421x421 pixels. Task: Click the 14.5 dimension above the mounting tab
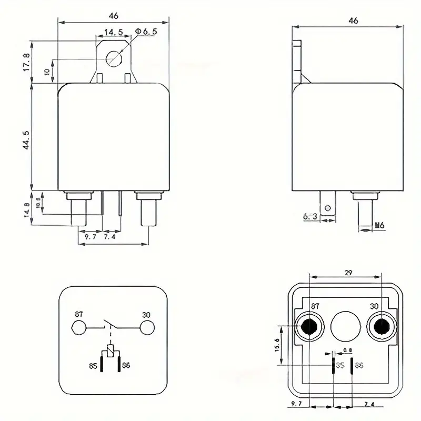pyautogui.click(x=113, y=33)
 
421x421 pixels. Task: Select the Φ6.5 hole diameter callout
pyautogui.click(x=146, y=32)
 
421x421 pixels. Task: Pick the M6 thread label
pyautogui.click(x=379, y=226)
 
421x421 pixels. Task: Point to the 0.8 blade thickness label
pyautogui.click(x=347, y=350)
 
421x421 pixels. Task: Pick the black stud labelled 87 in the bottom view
pyautogui.click(x=309, y=327)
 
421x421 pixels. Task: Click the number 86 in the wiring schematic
pyautogui.click(x=126, y=365)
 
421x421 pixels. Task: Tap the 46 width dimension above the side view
pyautogui.click(x=353, y=21)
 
